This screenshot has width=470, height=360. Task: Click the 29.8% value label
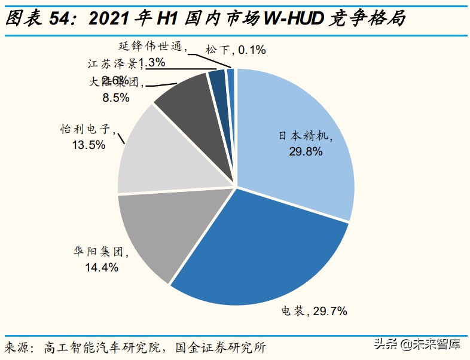(305, 151)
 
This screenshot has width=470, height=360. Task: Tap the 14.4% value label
(101, 267)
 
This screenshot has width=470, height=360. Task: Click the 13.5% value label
(88, 144)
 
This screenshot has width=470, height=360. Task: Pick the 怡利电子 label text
(88, 129)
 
